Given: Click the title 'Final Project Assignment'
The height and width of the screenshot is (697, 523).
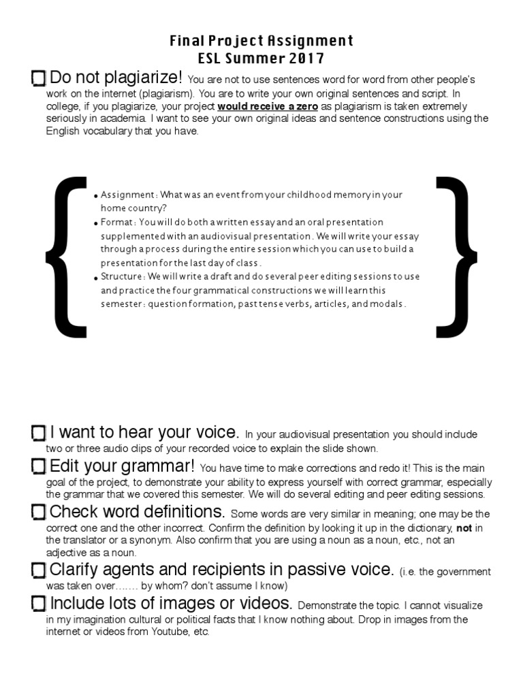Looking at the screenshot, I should pyautogui.click(x=261, y=42).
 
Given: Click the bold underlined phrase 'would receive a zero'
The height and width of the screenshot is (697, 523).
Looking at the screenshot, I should pyautogui.click(x=268, y=107).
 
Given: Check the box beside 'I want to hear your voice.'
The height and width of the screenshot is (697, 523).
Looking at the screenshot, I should pyautogui.click(x=39, y=433).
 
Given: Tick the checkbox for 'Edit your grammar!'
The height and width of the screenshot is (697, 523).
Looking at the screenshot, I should pyautogui.click(x=39, y=467).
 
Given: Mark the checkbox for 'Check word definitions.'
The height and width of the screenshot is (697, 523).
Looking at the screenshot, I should pyautogui.click(x=39, y=513).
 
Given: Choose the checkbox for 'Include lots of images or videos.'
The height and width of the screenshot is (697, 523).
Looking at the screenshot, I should pyautogui.click(x=39, y=604).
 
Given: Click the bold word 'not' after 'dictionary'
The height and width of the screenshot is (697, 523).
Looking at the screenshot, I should pyautogui.click(x=463, y=528).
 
